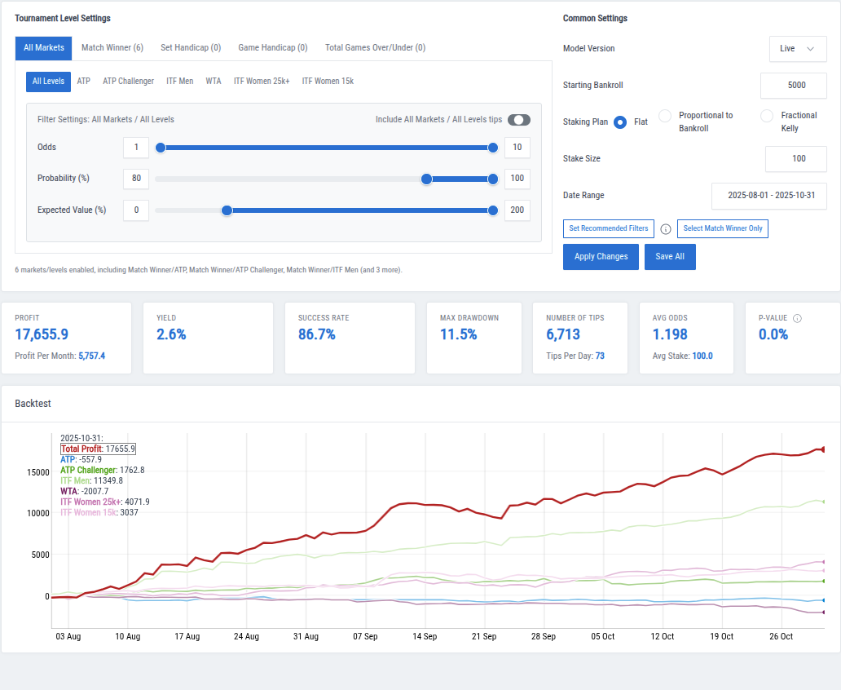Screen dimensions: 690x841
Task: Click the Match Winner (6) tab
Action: click(112, 48)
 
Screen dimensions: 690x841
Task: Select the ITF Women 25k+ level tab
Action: click(261, 82)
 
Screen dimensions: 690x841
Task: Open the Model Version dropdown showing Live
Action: click(797, 49)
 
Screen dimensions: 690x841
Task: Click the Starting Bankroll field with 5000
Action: click(793, 86)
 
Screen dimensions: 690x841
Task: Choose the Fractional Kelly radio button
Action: click(766, 117)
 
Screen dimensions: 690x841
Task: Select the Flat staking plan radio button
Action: click(620, 122)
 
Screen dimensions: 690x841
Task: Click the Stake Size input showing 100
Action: click(795, 159)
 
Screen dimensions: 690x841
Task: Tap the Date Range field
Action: click(768, 196)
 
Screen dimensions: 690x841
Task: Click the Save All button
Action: click(670, 257)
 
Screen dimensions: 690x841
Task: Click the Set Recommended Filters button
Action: click(608, 229)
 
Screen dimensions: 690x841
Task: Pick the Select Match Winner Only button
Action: click(722, 229)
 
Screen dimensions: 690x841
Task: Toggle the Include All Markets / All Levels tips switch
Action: click(518, 120)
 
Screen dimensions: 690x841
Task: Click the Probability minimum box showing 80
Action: click(136, 179)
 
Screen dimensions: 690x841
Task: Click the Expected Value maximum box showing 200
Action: click(517, 210)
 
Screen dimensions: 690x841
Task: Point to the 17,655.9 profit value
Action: click(42, 334)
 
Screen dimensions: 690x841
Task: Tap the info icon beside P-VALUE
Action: click(797, 318)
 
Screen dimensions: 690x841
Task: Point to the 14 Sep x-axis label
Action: click(425, 637)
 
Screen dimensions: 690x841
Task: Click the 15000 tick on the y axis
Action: click(37, 472)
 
